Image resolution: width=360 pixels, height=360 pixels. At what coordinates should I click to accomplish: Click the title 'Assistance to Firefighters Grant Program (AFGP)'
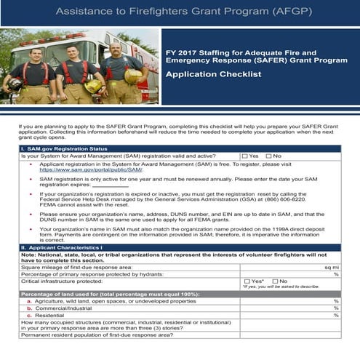pos(180,12)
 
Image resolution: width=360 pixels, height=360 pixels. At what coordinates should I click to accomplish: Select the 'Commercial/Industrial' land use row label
pos(70,308)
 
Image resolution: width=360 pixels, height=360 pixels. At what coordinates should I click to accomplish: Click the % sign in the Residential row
pos(336,315)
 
